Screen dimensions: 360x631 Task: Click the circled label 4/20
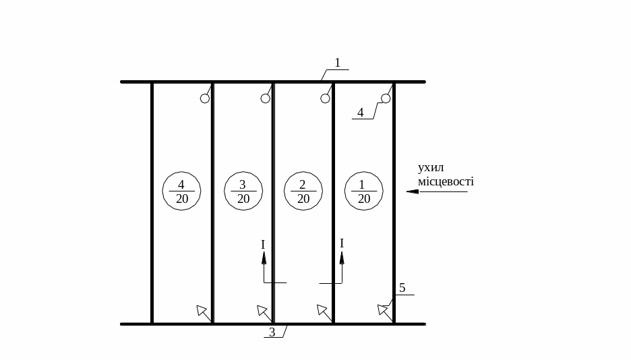(181, 191)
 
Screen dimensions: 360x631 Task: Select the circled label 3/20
(243, 191)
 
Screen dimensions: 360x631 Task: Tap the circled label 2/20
(303, 191)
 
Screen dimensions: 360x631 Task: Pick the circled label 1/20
(364, 191)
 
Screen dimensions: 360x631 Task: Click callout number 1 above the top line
(338, 63)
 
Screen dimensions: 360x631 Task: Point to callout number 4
(361, 113)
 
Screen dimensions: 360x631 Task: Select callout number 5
(402, 288)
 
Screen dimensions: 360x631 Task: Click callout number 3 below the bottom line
(272, 332)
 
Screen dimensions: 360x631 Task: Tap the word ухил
(431, 168)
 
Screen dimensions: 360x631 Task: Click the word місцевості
(446, 181)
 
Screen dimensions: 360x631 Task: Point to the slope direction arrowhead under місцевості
(412, 191)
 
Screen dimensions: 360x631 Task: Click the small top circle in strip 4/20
(205, 98)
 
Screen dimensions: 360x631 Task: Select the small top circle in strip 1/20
(386, 98)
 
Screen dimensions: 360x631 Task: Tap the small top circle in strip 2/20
(326, 98)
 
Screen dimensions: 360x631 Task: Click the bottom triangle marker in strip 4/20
(201, 309)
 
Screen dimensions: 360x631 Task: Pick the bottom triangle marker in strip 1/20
(382, 309)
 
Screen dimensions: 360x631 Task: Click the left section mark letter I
(263, 245)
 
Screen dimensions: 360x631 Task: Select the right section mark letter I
(342, 243)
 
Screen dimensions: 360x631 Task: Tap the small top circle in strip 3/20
(266, 98)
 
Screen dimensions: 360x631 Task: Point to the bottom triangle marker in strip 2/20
(322, 309)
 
